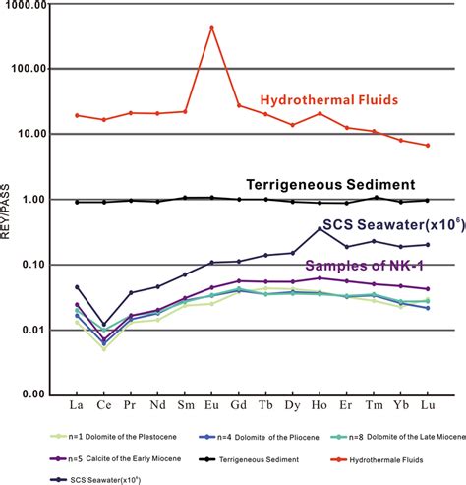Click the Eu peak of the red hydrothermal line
[x=211, y=27]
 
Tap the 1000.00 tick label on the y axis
[x=27, y=6]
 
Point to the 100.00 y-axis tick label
[x=29, y=70]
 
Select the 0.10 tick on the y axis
[x=33, y=265]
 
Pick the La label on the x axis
[x=77, y=404]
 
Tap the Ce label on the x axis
[x=103, y=404]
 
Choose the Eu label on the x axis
[x=211, y=404]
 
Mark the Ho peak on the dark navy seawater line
[x=320, y=228]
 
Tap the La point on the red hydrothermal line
[x=77, y=115]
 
